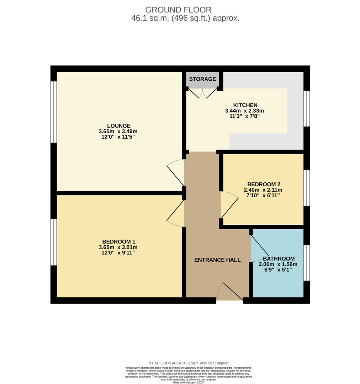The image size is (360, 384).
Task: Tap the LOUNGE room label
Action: (x=119, y=126)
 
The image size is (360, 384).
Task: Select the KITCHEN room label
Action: (x=245, y=105)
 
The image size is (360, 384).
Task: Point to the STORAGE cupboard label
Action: (x=202, y=79)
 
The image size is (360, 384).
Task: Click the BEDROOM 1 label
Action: (x=119, y=241)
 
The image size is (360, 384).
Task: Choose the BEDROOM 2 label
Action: (x=264, y=184)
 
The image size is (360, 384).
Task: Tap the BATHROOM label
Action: (x=279, y=258)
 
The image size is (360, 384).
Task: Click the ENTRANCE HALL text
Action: (x=217, y=260)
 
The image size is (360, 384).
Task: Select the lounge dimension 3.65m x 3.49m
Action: (x=118, y=131)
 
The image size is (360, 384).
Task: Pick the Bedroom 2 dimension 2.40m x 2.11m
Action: (x=263, y=190)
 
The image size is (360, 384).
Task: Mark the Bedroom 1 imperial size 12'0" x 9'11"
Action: (x=118, y=253)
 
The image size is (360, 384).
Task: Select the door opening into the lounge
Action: (x=176, y=172)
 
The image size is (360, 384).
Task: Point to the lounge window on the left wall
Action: (x=53, y=112)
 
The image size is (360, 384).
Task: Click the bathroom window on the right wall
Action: (x=306, y=263)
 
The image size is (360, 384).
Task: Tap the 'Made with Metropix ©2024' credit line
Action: (x=188, y=382)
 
